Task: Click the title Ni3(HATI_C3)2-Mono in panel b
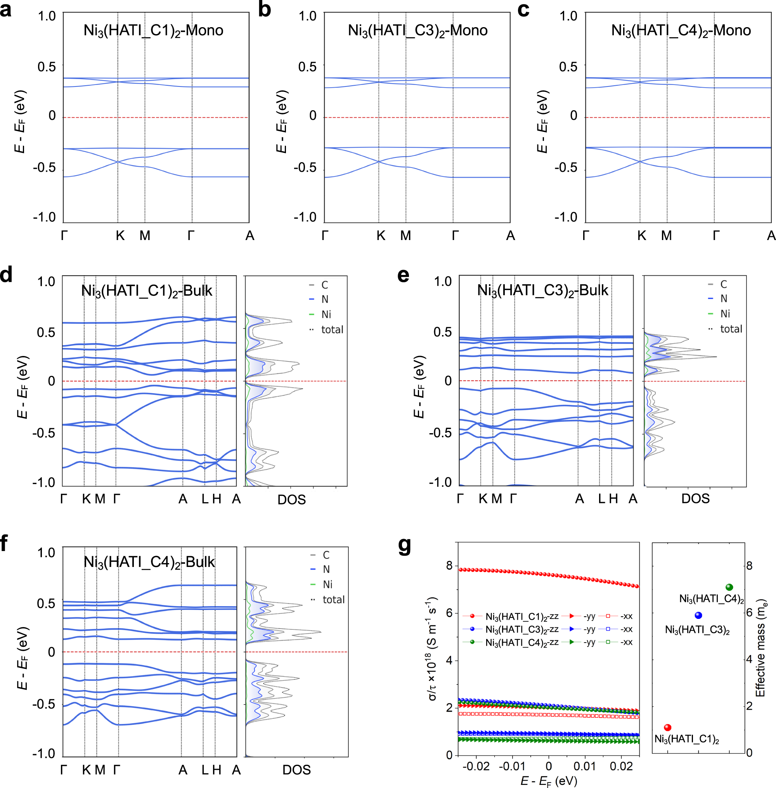click(417, 31)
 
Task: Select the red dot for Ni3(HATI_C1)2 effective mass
click(667, 727)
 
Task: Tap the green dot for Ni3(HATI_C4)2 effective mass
click(729, 587)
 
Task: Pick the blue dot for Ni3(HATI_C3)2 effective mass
click(698, 615)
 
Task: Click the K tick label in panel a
click(120, 235)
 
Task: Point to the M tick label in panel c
click(666, 235)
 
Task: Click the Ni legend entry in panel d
click(326, 314)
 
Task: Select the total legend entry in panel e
click(731, 329)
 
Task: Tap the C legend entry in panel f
click(326, 555)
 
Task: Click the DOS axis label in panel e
click(695, 499)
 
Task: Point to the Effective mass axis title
click(760, 648)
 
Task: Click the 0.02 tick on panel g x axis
click(621, 766)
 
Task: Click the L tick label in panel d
click(205, 499)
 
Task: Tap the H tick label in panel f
click(217, 770)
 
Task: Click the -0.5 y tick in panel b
click(305, 168)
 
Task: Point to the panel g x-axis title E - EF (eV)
click(549, 781)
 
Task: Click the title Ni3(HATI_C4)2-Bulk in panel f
click(149, 562)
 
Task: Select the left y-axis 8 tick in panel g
click(449, 565)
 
